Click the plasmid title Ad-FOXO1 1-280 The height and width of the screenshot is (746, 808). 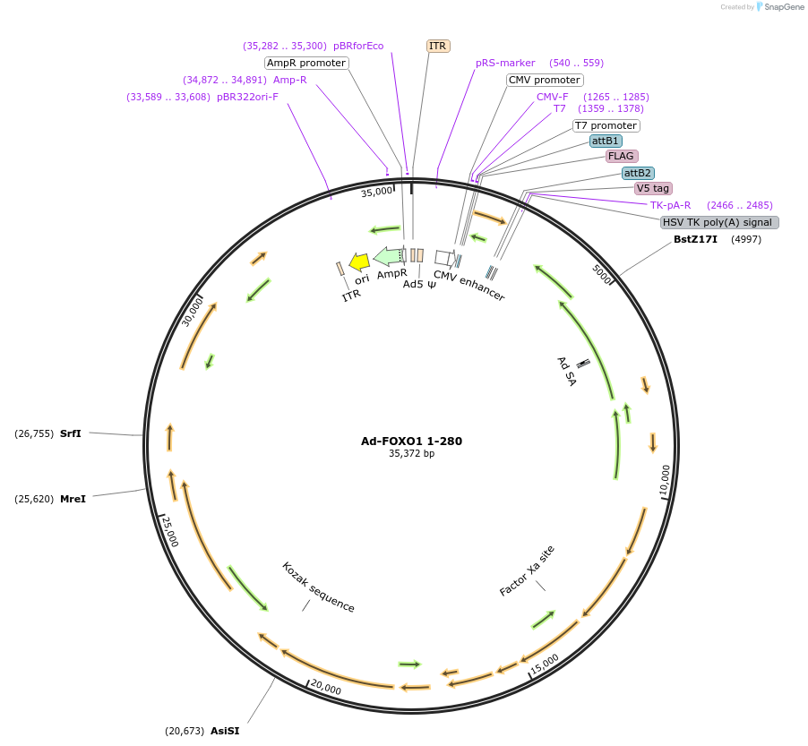(x=411, y=441)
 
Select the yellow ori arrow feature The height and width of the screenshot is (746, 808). (x=359, y=262)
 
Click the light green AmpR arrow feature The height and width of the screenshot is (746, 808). (x=388, y=256)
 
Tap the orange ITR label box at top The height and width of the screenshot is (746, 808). (x=438, y=46)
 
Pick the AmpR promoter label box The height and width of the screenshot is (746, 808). (x=306, y=63)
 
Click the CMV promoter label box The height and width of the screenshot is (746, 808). (x=545, y=80)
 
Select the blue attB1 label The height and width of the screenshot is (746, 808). (x=606, y=141)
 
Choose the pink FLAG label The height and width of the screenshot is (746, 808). (x=622, y=156)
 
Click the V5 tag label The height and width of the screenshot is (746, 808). (x=653, y=188)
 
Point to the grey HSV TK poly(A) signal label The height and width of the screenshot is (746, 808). (x=719, y=222)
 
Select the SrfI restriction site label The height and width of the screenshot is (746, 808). (x=71, y=433)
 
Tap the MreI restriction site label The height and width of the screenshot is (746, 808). (x=73, y=498)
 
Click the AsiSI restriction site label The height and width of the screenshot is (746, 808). (x=225, y=731)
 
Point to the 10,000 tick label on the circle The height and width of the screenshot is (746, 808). (x=665, y=481)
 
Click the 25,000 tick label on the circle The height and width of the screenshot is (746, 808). (x=170, y=529)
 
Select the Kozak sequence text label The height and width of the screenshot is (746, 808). (x=318, y=587)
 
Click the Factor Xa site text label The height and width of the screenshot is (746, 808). (x=527, y=570)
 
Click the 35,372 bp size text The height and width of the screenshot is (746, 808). (x=411, y=454)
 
